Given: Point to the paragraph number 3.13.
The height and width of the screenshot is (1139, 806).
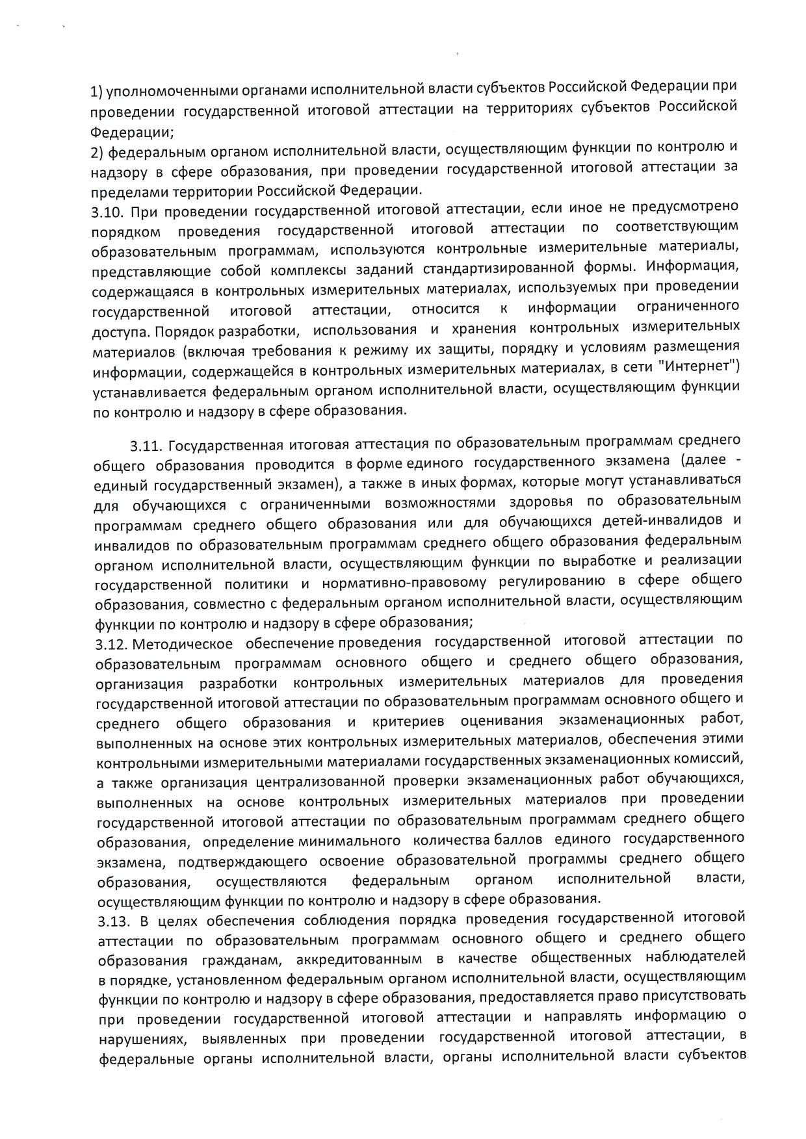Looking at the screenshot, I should pos(110,921).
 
